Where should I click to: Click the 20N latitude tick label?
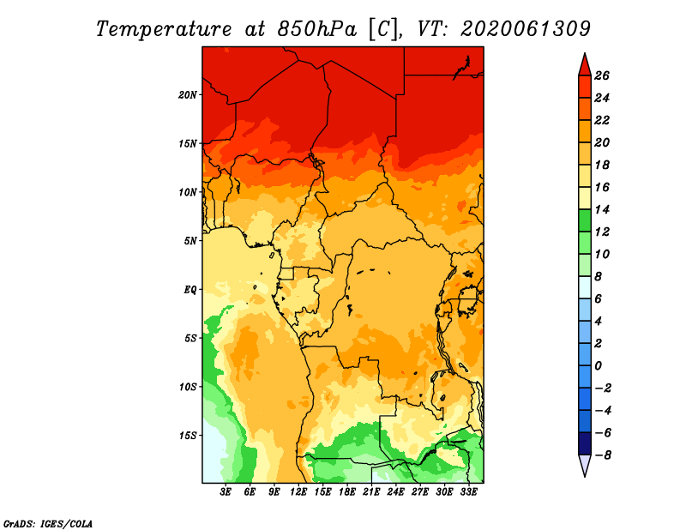187,95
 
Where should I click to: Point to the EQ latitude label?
190,290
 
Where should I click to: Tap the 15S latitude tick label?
188,436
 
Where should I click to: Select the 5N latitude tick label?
190,241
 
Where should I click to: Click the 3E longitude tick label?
226,492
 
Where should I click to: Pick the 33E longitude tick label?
468,492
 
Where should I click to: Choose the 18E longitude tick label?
346,492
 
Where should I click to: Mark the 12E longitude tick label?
298,492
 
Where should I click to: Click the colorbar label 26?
602,75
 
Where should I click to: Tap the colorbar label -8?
603,455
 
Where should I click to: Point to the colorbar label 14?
602,209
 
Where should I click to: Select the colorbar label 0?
598,366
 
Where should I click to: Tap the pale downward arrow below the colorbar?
585,465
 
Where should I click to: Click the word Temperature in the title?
164,29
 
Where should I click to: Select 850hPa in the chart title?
316,29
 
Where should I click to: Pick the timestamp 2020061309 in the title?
526,29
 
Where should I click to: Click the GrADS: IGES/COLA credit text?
48,524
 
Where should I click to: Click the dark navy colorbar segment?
585,443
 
